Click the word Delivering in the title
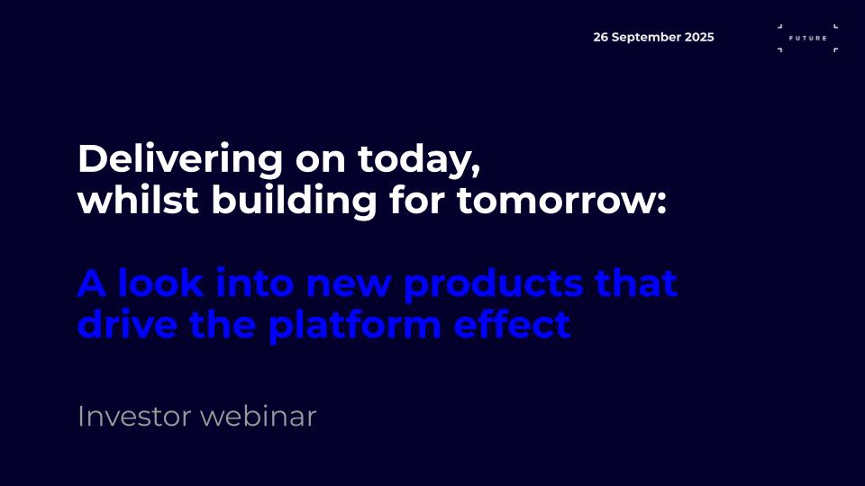[x=180, y=160]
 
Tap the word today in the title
[x=414, y=160]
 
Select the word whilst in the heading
[x=138, y=200]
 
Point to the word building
[x=294, y=201]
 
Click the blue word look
[x=160, y=283]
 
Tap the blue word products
[x=494, y=284]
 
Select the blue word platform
[x=355, y=325]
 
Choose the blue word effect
[x=512, y=323]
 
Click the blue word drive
[x=127, y=323]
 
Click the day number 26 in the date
[x=600, y=37]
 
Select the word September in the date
[x=646, y=38]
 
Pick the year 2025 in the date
[x=699, y=37]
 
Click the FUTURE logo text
[x=807, y=38]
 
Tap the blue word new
[x=349, y=285]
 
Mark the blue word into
[x=254, y=283]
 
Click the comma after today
[x=476, y=171]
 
